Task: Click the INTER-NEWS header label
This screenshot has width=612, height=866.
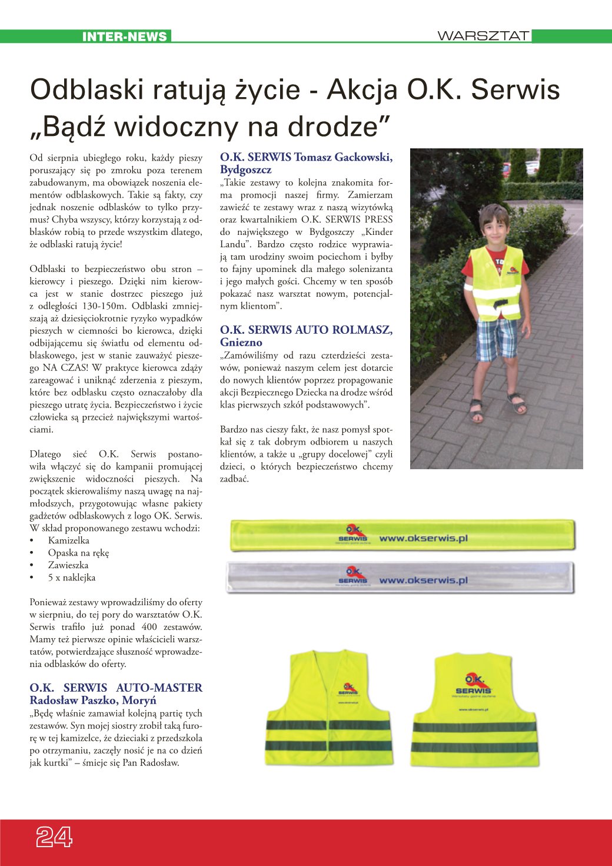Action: tap(124, 37)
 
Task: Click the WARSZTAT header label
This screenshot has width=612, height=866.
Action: tap(483, 36)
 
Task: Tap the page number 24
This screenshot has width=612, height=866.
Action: tap(54, 836)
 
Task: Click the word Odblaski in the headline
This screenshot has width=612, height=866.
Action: tap(87, 89)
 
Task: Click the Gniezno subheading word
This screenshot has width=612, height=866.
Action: tap(241, 343)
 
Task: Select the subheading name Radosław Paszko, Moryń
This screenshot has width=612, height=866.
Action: tap(93, 701)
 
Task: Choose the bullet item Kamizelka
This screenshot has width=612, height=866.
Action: tap(68, 540)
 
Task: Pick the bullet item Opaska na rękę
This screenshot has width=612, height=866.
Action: tap(78, 553)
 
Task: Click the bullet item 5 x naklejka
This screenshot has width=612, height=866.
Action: tap(71, 578)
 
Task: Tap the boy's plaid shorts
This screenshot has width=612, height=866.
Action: tap(495, 339)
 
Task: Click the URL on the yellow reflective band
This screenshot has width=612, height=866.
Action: tap(423, 538)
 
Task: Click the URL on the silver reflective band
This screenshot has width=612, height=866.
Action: tap(423, 580)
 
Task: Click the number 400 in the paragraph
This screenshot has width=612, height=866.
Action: tap(149, 627)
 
